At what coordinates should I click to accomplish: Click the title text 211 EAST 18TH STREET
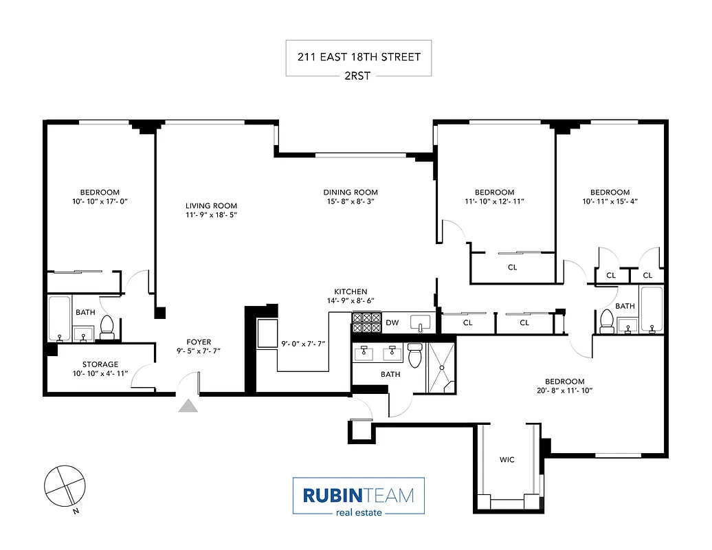[358, 57]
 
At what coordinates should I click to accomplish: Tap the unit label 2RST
[357, 76]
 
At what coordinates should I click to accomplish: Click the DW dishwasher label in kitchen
[392, 322]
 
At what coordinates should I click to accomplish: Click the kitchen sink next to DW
[419, 322]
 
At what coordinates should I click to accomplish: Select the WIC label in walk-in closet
[507, 460]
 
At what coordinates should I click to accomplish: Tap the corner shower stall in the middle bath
[441, 368]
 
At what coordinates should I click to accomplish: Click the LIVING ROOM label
[211, 206]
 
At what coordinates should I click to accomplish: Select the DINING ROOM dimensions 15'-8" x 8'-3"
[351, 202]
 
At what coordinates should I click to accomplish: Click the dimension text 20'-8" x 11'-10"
[564, 390]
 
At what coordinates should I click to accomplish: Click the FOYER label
[199, 342]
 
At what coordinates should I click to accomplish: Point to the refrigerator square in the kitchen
[267, 335]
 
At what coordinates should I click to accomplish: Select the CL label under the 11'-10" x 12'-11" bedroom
[512, 267]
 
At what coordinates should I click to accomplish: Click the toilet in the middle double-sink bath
[414, 355]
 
